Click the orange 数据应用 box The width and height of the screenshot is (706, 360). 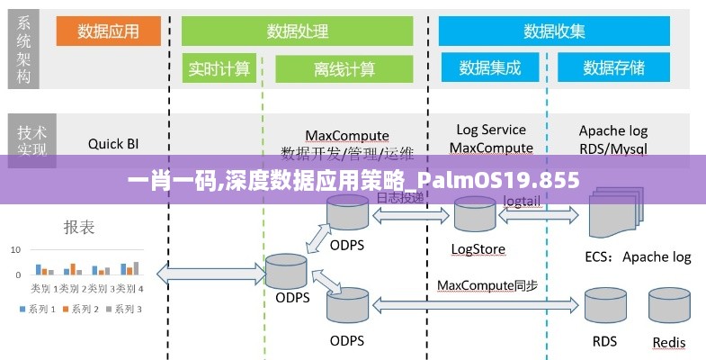tap(108, 31)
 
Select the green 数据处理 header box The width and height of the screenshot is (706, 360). tap(297, 31)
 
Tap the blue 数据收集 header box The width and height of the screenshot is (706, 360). tap(554, 31)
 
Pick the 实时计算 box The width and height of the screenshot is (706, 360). tap(219, 68)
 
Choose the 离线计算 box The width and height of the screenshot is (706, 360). tap(344, 68)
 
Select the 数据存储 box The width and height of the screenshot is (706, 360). tap(613, 68)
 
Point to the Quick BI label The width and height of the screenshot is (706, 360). tap(113, 142)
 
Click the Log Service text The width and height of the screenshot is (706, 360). tap(491, 130)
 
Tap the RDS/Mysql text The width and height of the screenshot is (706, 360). tap(612, 148)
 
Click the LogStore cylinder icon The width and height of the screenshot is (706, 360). tap(475, 216)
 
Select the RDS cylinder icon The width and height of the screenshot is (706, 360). tap(604, 306)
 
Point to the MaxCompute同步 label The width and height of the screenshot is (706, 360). tap(487, 285)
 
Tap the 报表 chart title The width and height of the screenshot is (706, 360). tap(79, 227)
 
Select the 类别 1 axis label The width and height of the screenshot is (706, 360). tap(40, 288)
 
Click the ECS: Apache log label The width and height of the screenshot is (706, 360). tap(638, 256)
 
